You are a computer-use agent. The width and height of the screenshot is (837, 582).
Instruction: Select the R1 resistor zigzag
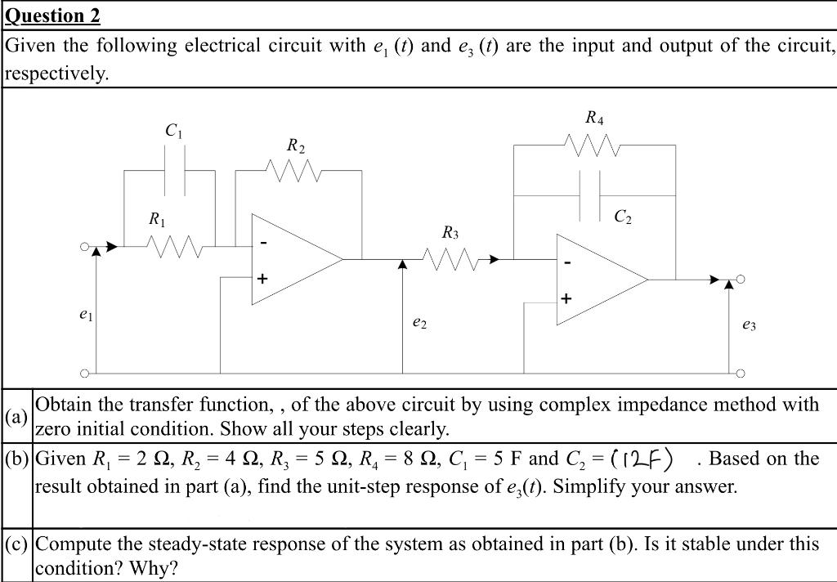172,244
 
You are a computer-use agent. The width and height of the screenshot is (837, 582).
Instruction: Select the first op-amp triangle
290,260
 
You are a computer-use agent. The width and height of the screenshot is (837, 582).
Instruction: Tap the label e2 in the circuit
419,324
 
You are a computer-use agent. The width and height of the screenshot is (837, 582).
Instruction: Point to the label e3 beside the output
749,325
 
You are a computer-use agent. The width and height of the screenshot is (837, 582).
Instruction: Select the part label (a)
16,417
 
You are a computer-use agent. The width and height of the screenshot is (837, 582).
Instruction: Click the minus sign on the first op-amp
262,244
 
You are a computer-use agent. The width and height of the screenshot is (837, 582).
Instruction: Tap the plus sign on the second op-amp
566,298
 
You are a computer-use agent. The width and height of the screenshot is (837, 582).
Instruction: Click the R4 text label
594,118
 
